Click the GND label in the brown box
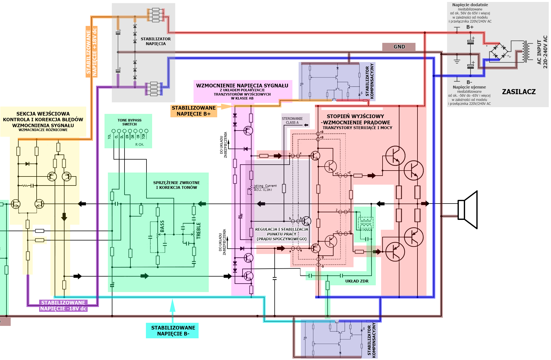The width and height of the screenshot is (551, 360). tap(399, 47)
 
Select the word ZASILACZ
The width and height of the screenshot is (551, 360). tap(519, 92)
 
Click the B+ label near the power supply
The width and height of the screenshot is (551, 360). tap(470, 27)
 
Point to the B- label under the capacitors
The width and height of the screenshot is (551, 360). tap(469, 82)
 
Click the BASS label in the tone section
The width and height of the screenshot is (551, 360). tap(162, 226)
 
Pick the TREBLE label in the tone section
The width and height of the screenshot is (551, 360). tap(199, 231)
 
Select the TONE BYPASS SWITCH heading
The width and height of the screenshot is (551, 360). tap(130, 122)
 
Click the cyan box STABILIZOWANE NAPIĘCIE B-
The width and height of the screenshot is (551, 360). tap(173, 331)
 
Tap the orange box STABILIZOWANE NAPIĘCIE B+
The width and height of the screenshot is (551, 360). tap(194, 111)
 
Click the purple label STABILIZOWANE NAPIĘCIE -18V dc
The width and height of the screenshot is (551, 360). tap(63, 306)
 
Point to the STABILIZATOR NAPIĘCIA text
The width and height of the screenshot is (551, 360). tap(155, 41)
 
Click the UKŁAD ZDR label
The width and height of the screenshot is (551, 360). tap(357, 281)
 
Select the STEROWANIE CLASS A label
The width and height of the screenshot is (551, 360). tap(292, 121)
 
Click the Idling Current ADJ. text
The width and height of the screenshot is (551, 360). tap(265, 188)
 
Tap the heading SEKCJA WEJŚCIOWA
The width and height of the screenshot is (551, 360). tap(43, 114)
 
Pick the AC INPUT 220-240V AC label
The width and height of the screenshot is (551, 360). tap(542, 52)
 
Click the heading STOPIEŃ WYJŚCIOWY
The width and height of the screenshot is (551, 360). tap(355, 116)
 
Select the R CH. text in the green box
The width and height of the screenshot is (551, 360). tap(139, 145)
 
